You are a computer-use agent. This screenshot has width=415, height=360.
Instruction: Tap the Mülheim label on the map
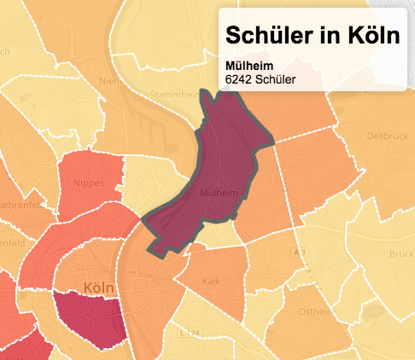point(217,194)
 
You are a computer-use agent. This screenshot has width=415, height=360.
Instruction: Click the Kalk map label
point(212,281)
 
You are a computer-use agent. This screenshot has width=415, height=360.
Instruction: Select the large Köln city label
point(101,289)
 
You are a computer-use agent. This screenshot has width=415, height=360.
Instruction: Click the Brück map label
point(401,254)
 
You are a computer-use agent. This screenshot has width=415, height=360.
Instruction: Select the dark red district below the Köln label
point(89,320)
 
